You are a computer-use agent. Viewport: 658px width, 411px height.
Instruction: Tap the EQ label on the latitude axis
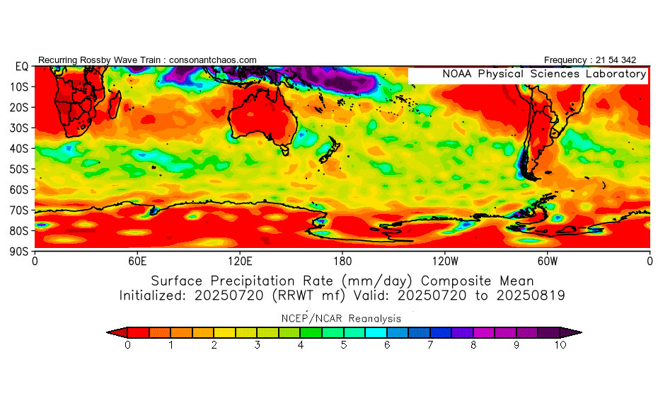(21, 67)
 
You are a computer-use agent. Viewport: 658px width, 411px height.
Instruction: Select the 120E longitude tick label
(240, 261)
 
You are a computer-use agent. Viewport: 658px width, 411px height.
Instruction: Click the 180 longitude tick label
(342, 261)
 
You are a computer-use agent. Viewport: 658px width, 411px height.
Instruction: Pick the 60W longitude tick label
(548, 261)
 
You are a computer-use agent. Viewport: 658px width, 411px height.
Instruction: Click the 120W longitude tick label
(445, 261)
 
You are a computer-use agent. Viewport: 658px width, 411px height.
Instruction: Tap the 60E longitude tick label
(137, 261)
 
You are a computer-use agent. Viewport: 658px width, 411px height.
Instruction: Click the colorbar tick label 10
(561, 345)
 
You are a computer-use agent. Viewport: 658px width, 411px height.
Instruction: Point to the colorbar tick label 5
(345, 345)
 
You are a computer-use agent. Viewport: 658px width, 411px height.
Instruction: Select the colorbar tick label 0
(127, 345)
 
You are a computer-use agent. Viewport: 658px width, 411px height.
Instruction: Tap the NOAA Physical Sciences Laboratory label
(543, 74)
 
